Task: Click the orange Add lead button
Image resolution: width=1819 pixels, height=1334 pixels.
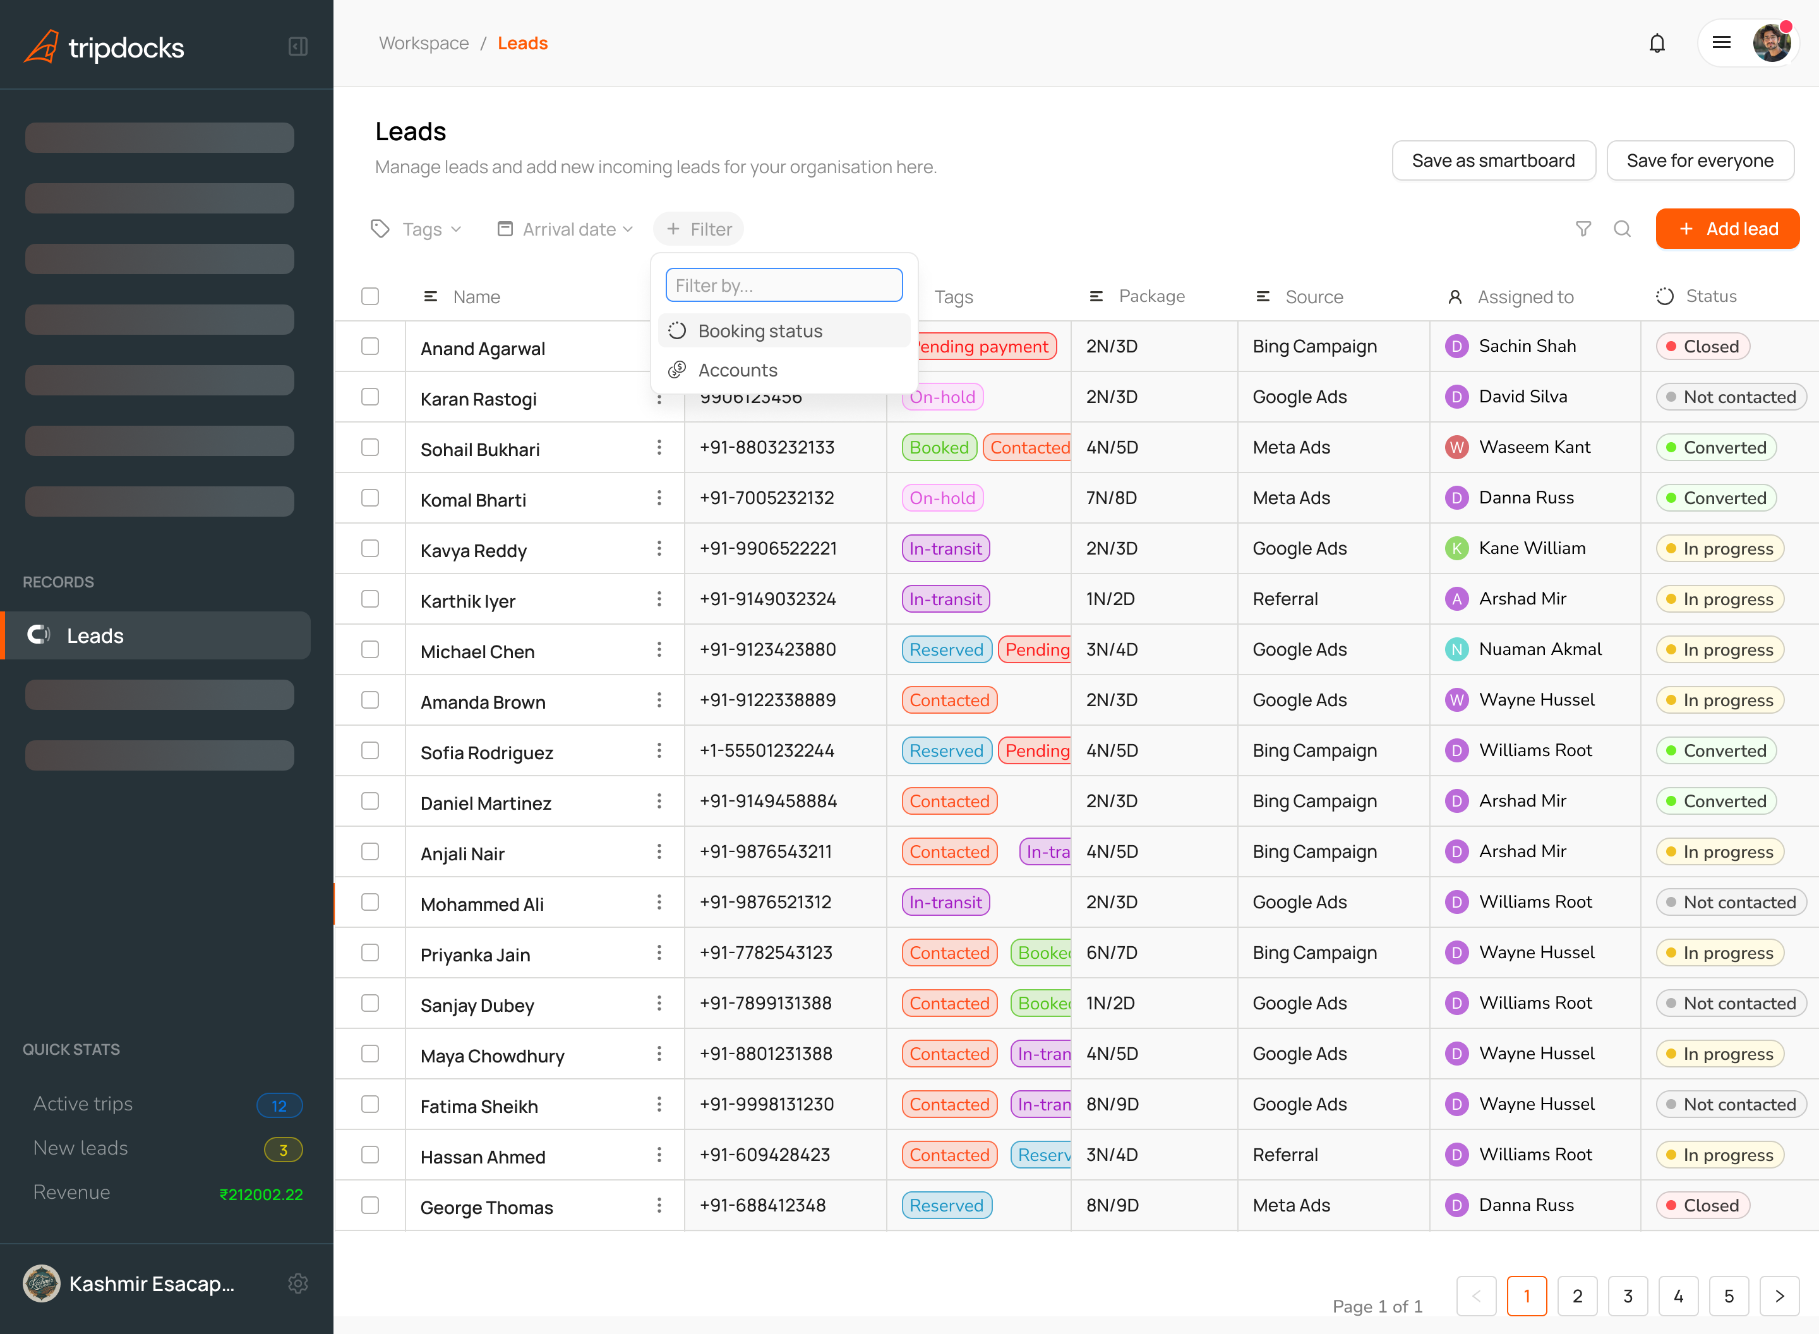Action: (x=1727, y=229)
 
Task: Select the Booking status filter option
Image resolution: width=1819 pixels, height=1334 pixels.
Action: (x=760, y=331)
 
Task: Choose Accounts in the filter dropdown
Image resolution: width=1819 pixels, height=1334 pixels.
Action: (x=737, y=370)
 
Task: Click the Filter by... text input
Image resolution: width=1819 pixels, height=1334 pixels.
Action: (x=783, y=285)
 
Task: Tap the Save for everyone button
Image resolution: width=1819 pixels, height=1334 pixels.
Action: (x=1700, y=160)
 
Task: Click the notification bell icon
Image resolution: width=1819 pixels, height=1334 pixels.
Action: (x=1657, y=44)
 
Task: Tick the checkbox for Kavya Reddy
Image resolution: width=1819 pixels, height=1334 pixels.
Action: (x=369, y=548)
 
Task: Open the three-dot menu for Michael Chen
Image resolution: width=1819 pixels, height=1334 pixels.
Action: (x=659, y=649)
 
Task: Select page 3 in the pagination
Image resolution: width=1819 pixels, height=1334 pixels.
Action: (x=1628, y=1295)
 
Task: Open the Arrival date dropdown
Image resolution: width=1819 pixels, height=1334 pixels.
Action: (x=565, y=229)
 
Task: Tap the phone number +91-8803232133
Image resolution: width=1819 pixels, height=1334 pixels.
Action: (x=767, y=447)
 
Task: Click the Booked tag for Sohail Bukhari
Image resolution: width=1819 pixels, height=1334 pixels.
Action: (x=938, y=447)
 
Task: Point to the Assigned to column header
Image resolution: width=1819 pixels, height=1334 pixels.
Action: (x=1524, y=296)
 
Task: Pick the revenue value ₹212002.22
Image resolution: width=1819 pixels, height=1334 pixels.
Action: (x=261, y=1194)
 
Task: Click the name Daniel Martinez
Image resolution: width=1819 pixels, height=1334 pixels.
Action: (x=485, y=803)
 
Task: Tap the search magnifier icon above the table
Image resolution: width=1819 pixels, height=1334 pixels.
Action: (x=1622, y=229)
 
